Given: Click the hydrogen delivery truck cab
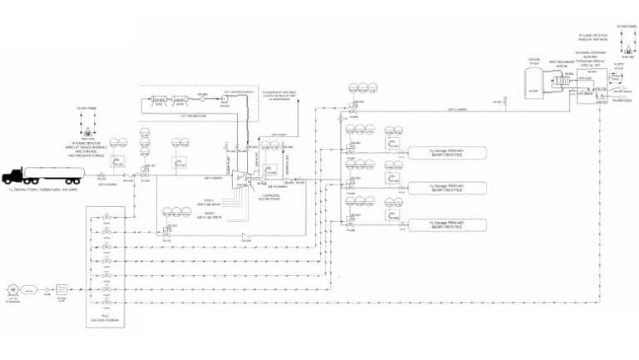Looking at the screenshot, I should coord(15,176).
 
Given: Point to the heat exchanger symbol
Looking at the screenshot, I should coord(569,80).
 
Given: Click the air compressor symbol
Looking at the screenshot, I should coord(12,291).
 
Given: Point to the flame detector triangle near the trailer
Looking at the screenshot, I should coord(85,131).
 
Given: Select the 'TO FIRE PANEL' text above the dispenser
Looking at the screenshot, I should coord(626,27).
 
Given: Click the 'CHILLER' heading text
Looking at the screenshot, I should coord(533,60).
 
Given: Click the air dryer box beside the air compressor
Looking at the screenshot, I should coord(31,291).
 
